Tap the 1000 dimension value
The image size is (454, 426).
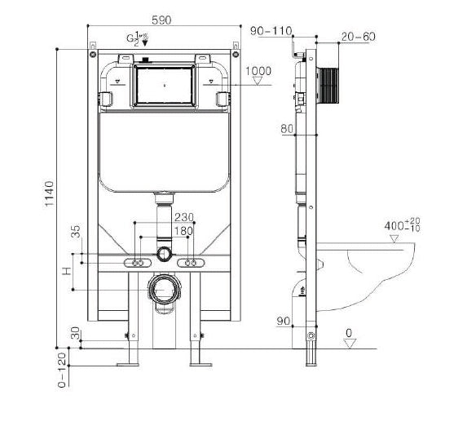click(258, 71)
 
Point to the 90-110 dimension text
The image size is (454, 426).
click(271, 31)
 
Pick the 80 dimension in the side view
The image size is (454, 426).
click(286, 128)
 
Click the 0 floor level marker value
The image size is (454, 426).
click(348, 333)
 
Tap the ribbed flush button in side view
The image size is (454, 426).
click(330, 83)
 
